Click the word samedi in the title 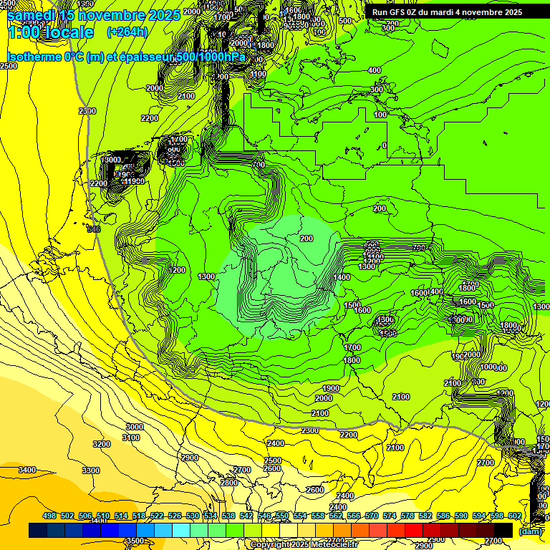(32, 15)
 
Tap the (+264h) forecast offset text (127, 32)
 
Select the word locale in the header (67, 32)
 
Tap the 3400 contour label (27, 470)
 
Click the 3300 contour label (91, 471)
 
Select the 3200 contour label (102, 444)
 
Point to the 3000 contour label (134, 427)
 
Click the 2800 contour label (229, 483)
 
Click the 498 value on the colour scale (49, 516)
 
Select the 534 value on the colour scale (211, 516)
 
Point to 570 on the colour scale (372, 516)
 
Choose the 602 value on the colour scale (515, 516)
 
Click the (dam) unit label (530, 531)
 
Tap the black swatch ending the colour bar (503, 530)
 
